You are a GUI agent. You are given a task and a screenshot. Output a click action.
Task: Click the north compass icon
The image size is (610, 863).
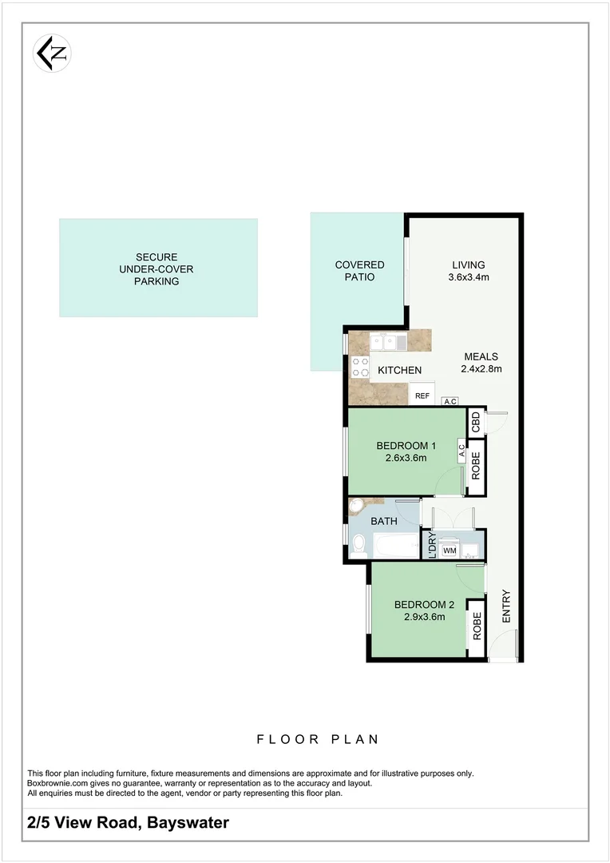coord(53,53)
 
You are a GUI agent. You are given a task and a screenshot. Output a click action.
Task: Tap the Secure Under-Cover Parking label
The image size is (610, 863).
coord(156,269)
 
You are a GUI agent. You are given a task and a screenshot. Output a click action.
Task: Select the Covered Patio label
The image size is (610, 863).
coord(359,271)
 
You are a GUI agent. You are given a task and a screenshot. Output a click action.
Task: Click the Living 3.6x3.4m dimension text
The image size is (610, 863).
coord(469,278)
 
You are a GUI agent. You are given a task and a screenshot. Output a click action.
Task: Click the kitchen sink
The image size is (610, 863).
coord(387,342)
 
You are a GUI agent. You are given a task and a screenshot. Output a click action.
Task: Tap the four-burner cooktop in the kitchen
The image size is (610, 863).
coord(359,367)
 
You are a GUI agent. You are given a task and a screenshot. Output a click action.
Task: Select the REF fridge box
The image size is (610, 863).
coord(422,396)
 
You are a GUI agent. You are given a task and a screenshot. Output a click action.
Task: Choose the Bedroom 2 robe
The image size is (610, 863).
coord(477,626)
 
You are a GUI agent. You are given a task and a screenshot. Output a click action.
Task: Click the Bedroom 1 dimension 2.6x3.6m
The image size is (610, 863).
coord(406,459)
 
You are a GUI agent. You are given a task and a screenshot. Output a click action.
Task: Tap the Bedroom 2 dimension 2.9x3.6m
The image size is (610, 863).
coord(419,616)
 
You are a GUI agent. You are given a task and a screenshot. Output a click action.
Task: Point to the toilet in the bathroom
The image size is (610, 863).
coord(358,545)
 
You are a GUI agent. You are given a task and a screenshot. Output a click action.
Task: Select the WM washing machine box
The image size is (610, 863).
coord(449,551)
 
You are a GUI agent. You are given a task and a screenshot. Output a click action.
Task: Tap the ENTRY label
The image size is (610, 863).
coord(505,606)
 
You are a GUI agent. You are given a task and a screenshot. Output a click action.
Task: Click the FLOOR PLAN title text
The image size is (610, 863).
coord(318,740)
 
